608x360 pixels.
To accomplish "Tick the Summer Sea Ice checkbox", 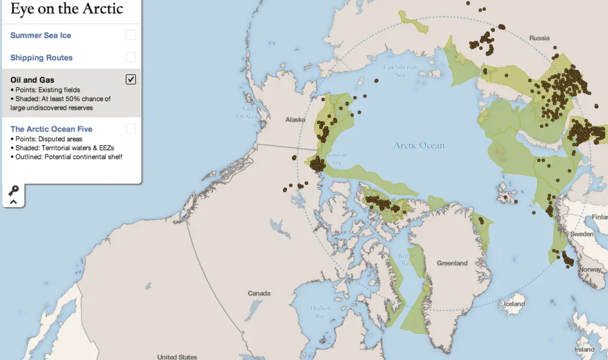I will (x=130, y=35).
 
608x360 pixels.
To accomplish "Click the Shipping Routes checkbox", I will (x=130, y=57).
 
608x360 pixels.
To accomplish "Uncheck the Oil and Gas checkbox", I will (x=130, y=79).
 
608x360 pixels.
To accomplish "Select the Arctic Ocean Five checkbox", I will (x=130, y=129).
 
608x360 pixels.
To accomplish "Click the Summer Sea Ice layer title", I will (x=41, y=35).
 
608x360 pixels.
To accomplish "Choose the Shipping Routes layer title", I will (x=41, y=58).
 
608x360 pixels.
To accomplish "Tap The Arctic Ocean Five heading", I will (x=51, y=129).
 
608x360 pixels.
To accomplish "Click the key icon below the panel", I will (x=13, y=190).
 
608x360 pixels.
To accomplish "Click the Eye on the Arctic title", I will (x=67, y=9).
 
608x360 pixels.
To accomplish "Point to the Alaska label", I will (x=295, y=120).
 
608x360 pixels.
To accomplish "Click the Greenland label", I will (x=452, y=263).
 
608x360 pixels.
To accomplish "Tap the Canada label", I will (x=259, y=293).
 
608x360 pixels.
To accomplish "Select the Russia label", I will (x=539, y=38).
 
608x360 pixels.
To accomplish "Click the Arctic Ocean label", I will (x=419, y=145).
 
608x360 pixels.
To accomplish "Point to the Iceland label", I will (x=514, y=304).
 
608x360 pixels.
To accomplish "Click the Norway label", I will (x=590, y=269).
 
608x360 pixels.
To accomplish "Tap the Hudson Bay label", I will (x=320, y=312).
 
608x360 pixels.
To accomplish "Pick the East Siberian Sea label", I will (x=400, y=71).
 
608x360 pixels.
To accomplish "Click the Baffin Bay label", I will (x=406, y=260).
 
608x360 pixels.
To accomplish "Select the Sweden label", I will (x=581, y=234).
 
